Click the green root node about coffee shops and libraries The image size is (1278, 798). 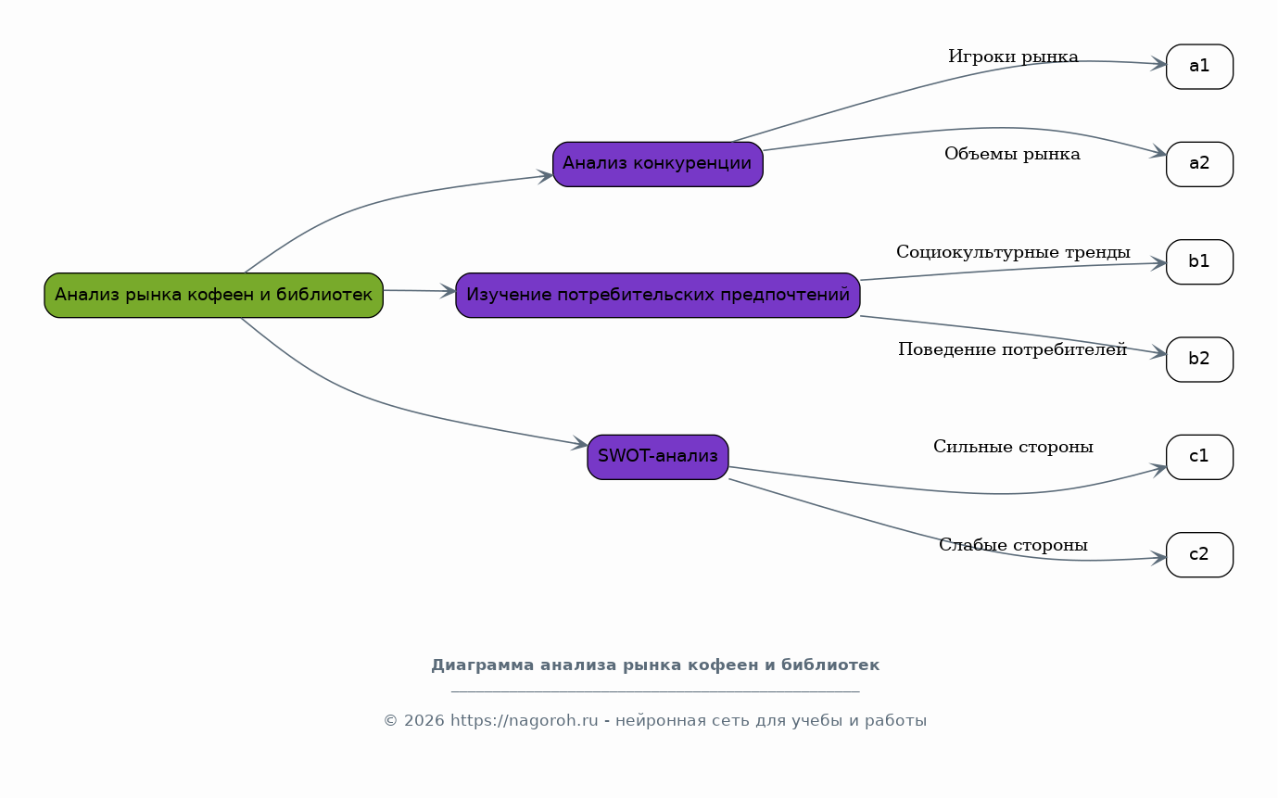pos(214,296)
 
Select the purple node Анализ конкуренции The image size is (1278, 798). pos(658,164)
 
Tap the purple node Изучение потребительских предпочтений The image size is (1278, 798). pos(658,296)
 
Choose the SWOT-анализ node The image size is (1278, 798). pos(658,457)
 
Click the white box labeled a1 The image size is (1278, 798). pos(1199,67)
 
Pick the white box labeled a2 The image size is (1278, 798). pos(1199,164)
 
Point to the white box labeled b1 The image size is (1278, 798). pos(1199,261)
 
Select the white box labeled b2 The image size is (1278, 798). pos(1199,360)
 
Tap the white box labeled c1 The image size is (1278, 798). pos(1199,457)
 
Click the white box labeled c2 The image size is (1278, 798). pos(1199,554)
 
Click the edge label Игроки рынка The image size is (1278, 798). pos(1013,57)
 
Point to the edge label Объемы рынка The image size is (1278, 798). pos(1013,154)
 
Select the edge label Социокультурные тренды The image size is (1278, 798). pos(1013,252)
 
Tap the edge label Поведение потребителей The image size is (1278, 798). pos(1013,349)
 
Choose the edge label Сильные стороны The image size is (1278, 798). pos(1013,447)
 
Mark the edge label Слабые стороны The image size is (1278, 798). pos(1013,545)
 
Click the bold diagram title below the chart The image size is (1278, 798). pos(655,665)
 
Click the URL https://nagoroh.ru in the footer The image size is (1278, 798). pos(525,720)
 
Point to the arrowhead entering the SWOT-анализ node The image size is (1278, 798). pos(579,443)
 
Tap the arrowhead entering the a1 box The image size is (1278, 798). pos(1158,64)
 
